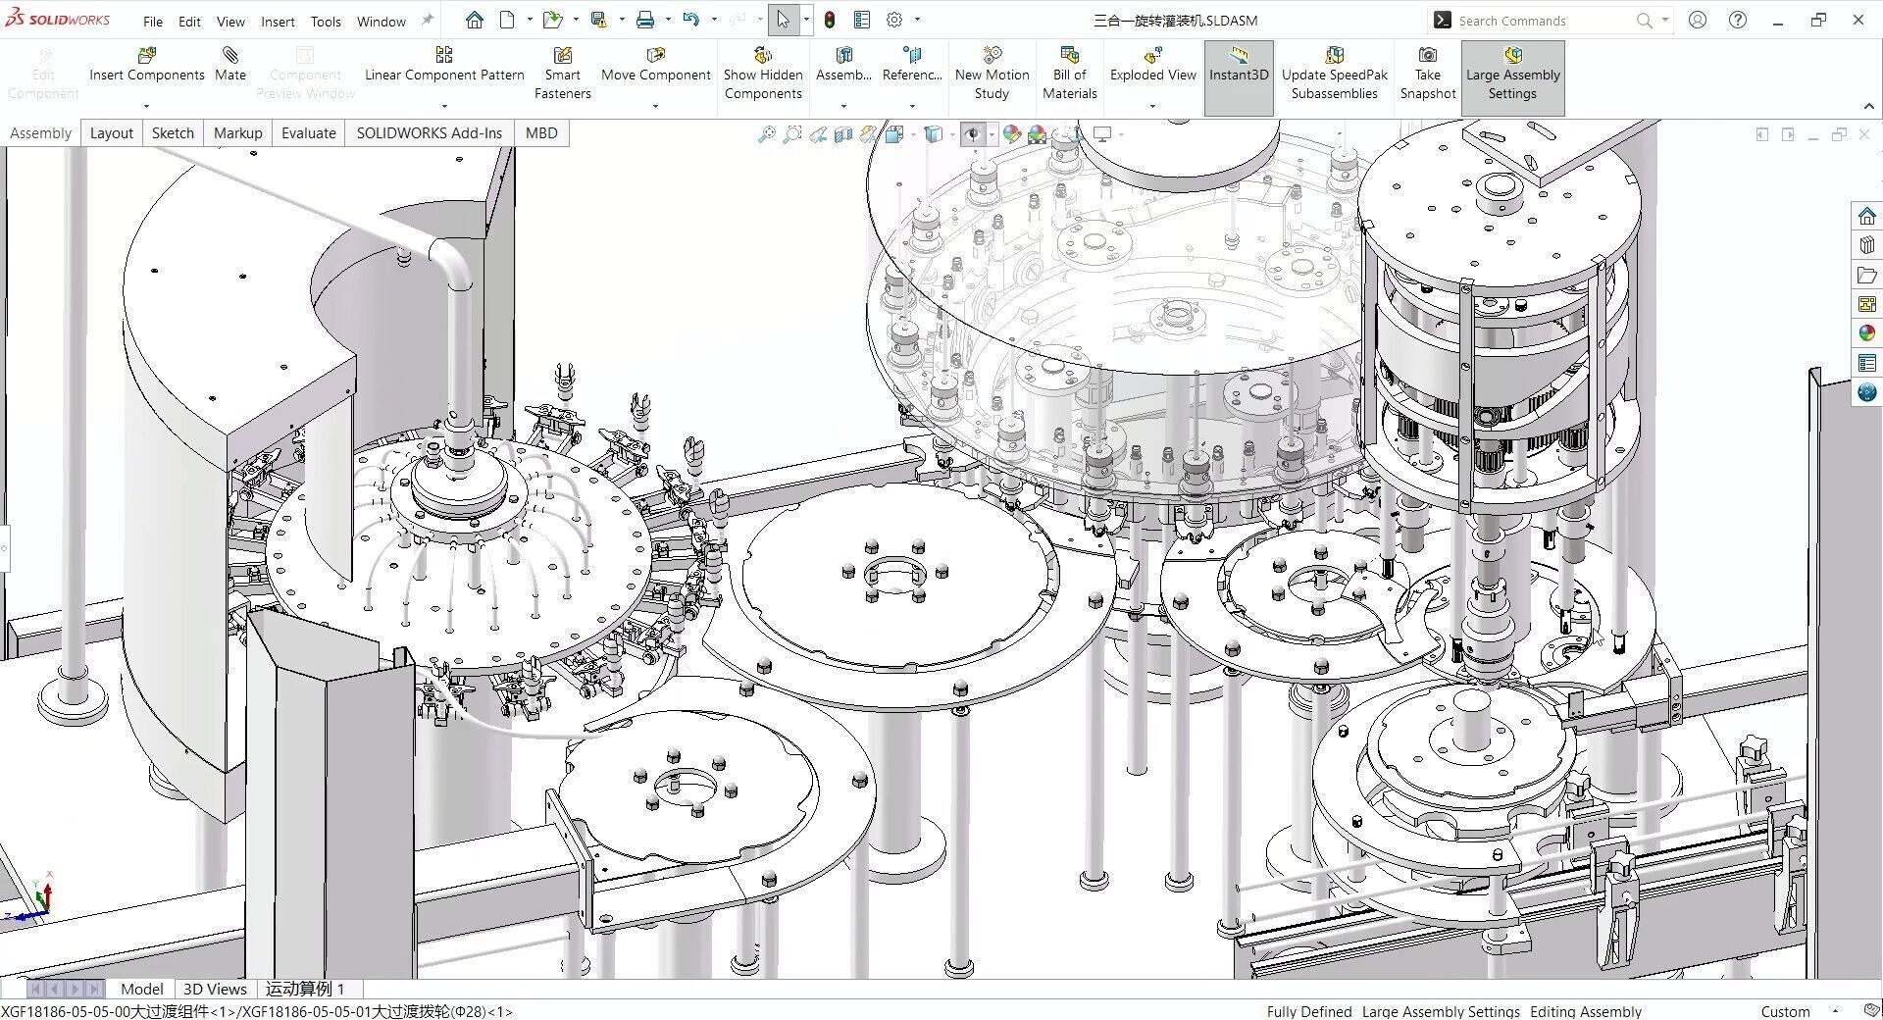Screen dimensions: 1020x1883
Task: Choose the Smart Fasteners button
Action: (562, 74)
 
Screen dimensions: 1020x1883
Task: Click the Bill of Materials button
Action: (1069, 74)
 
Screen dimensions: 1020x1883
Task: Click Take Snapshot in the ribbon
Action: (1427, 74)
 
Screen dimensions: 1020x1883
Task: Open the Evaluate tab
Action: (308, 133)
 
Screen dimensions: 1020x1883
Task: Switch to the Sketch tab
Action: (173, 133)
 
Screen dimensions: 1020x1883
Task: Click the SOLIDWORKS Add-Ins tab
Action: (429, 133)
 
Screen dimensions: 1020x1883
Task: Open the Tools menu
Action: (326, 21)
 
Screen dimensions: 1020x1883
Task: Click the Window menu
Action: (381, 21)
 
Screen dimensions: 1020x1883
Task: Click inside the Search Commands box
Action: (1540, 21)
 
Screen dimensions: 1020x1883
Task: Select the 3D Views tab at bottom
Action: (215, 989)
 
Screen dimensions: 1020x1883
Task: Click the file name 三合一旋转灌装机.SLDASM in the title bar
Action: (1175, 21)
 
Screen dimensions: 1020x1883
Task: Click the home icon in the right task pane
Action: (1866, 217)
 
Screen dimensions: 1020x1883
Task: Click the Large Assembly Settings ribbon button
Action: (1512, 74)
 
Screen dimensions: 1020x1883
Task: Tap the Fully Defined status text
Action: (1308, 1011)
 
